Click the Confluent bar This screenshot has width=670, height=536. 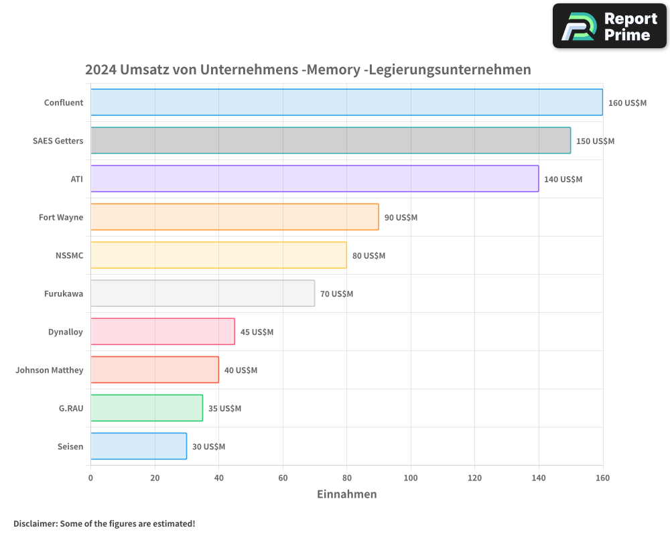tap(346, 103)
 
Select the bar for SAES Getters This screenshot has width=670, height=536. tap(330, 141)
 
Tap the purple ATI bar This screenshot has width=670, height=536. tap(314, 179)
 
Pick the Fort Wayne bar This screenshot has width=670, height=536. tap(234, 217)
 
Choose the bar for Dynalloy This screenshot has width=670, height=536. tap(163, 332)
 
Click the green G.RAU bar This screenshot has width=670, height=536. tap(147, 408)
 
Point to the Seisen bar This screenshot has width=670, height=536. tap(139, 446)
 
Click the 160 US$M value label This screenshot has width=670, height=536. tap(627, 103)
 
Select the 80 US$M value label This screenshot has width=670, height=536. tap(368, 256)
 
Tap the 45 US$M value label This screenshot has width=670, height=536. tap(257, 332)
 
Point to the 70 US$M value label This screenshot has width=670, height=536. tap(336, 294)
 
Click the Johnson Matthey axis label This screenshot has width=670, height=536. tap(50, 370)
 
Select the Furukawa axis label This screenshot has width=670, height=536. tap(64, 293)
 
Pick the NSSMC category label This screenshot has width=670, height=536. tap(70, 255)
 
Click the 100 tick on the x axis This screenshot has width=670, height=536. tap(411, 478)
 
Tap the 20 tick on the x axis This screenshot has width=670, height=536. tap(155, 478)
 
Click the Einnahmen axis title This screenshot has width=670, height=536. tap(346, 494)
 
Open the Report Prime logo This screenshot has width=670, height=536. tap(609, 26)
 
